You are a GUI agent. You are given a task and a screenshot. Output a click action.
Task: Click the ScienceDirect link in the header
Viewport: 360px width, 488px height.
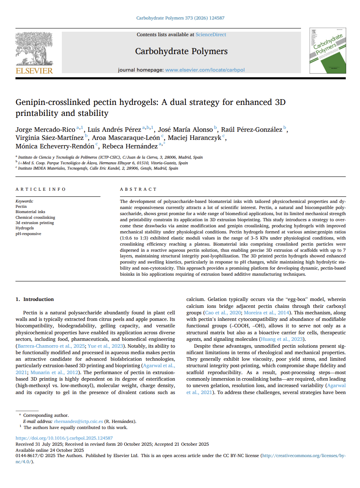coord(211,35)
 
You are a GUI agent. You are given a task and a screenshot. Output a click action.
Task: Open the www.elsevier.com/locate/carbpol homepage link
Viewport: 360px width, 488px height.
coord(205,70)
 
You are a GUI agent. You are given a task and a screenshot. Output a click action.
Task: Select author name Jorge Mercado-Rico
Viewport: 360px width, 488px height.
coord(45,130)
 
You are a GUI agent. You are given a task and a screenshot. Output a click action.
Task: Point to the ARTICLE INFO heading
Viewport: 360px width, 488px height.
coord(41,189)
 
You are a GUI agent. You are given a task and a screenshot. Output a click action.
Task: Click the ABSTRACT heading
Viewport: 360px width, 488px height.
coord(138,189)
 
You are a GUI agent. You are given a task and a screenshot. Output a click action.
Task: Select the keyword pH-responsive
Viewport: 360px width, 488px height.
coord(28,234)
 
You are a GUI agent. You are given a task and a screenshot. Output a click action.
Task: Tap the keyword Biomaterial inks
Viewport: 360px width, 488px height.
coord(31,212)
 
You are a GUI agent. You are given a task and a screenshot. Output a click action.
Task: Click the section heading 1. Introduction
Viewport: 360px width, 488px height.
coord(35,299)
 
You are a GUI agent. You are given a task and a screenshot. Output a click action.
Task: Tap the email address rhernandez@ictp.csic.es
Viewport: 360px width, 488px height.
coord(78,421)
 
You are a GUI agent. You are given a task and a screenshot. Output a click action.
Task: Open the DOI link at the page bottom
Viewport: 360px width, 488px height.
coord(64,438)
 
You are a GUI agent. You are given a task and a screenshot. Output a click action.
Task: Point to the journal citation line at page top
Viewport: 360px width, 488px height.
coord(180,18)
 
